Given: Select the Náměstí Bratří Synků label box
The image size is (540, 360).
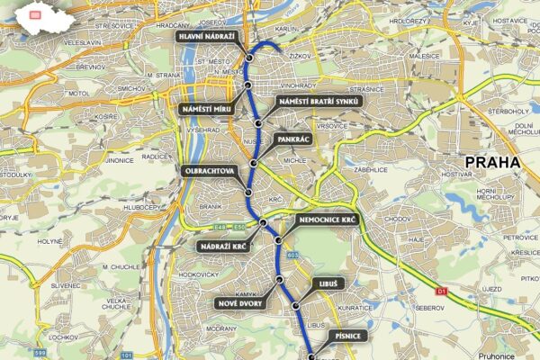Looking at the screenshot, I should click(319, 101).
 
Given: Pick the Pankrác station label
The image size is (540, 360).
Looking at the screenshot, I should click(293, 140).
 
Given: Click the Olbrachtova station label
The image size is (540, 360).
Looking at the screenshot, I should click(210, 169).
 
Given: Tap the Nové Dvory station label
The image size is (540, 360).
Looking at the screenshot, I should click(239, 303).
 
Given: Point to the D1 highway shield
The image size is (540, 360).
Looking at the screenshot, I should click(441, 291).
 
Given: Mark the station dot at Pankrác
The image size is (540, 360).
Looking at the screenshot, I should click(255, 163).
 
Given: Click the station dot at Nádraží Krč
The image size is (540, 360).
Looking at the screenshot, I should click(263, 221).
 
